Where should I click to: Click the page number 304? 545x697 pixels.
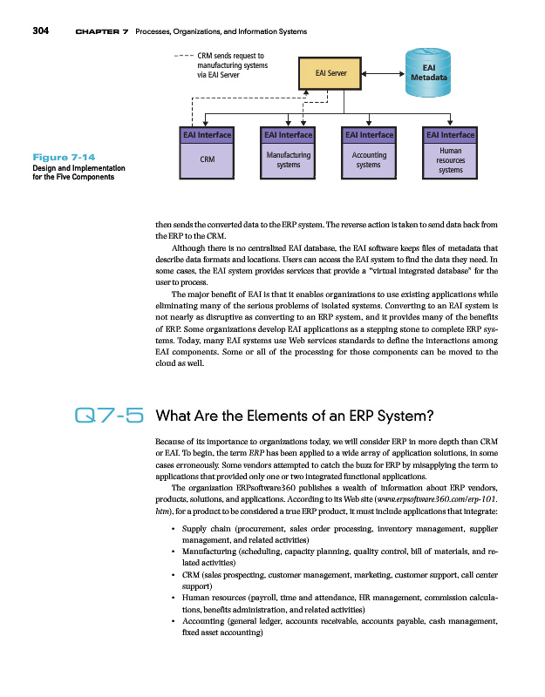click(39, 32)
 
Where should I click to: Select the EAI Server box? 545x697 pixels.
click(330, 74)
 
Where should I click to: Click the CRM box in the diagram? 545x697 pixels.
click(207, 159)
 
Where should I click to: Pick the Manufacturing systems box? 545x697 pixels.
click(288, 159)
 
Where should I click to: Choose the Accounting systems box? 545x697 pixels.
click(369, 159)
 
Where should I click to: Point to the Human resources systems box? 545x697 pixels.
click(450, 159)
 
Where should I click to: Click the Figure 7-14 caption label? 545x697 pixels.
click(52, 157)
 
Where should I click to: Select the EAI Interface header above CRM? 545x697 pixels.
click(207, 135)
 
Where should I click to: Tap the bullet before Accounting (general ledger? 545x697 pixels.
click(175, 621)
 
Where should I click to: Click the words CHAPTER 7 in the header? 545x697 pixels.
click(102, 32)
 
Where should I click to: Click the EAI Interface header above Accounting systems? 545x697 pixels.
click(369, 135)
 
